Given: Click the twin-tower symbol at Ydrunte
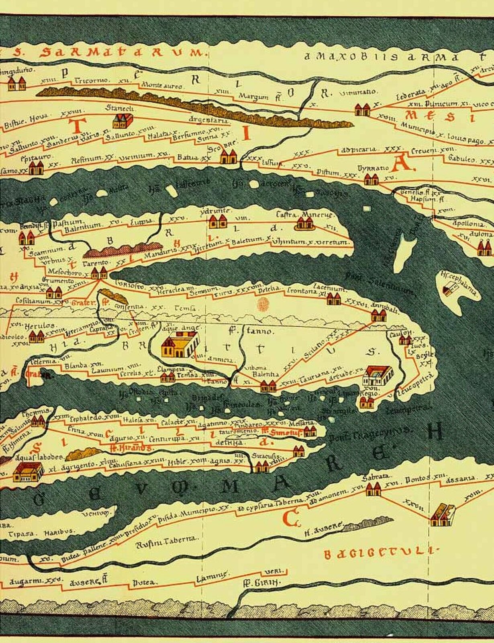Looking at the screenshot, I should click(218, 221).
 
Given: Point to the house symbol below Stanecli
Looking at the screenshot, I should click(122, 120).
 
